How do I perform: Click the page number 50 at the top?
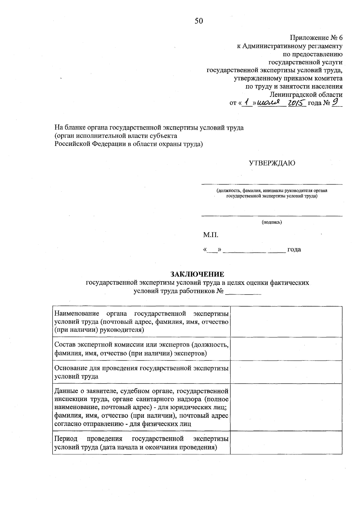pyautogui.click(x=199, y=21)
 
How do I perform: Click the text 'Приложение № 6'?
pyautogui.click(x=316, y=38)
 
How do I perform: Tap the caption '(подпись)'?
pyautogui.click(x=272, y=222)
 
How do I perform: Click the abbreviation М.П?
pyautogui.click(x=211, y=235)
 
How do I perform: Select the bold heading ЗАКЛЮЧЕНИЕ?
pyautogui.click(x=197, y=274)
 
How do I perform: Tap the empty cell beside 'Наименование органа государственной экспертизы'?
pyautogui.click(x=286, y=321)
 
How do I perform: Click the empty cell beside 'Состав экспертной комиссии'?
pyautogui.click(x=286, y=349)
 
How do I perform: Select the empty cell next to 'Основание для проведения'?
pyautogui.click(x=286, y=372)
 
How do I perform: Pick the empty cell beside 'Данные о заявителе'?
pyautogui.click(x=286, y=407)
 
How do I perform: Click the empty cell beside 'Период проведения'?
pyautogui.click(x=286, y=443)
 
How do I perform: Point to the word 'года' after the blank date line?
pyautogui.click(x=294, y=250)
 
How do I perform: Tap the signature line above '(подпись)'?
pyautogui.click(x=272, y=216)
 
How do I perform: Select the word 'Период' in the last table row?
pyautogui.click(x=66, y=439)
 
